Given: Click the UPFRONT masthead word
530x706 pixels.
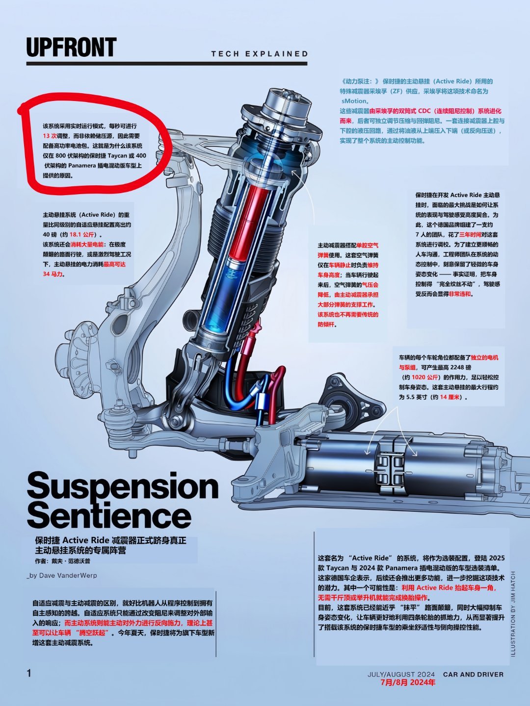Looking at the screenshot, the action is point(72,47).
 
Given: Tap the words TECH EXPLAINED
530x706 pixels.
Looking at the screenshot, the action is point(260,54).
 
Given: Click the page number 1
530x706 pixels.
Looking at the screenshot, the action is point(29,673).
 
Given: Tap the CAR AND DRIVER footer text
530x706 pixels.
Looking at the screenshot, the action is point(473,675).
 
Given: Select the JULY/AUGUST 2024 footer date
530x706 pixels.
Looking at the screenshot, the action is point(401,675).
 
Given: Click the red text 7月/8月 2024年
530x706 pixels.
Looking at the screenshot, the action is point(408,682).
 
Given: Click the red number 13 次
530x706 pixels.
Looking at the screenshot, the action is point(50,136).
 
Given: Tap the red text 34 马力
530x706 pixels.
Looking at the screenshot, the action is point(53,274).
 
